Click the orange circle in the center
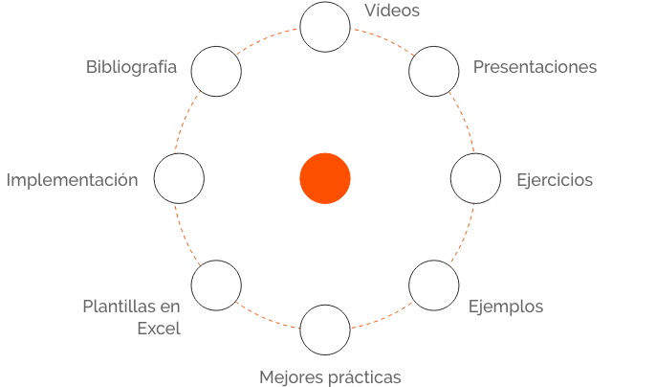pyautogui.click(x=325, y=178)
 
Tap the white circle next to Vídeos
pyautogui.click(x=325, y=27)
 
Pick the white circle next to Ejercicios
pyautogui.click(x=475, y=179)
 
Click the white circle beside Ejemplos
pyautogui.click(x=434, y=285)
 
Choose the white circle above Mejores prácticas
pyautogui.click(x=325, y=330)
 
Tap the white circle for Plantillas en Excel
pyautogui.click(x=216, y=285)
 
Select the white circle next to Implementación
pyautogui.click(x=179, y=179)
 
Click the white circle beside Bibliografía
pyautogui.click(x=216, y=72)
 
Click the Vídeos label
pyautogui.click(x=392, y=11)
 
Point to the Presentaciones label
pyautogui.click(x=535, y=67)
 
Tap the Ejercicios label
pyautogui.click(x=555, y=180)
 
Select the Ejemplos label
pyautogui.click(x=506, y=307)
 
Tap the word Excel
pyautogui.click(x=159, y=328)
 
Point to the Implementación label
pyautogui.click(x=73, y=180)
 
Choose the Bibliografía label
pyautogui.click(x=131, y=67)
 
